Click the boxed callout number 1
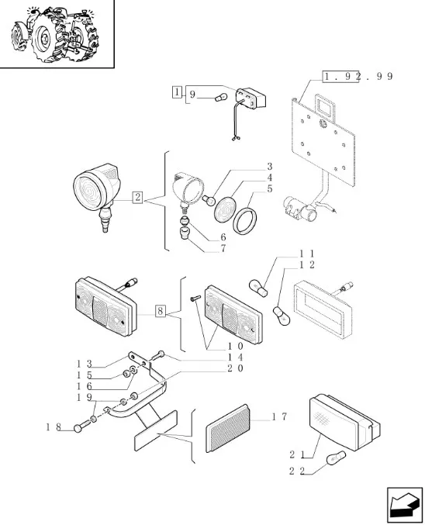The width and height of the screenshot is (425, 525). (x=177, y=92)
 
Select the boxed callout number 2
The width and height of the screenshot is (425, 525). (x=137, y=198)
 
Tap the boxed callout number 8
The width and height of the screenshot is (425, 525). (x=161, y=311)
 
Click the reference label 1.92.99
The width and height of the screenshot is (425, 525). (x=358, y=77)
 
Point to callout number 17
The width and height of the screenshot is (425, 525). (x=279, y=417)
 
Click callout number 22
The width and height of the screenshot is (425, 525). (x=297, y=471)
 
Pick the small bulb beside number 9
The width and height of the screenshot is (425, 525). (x=221, y=98)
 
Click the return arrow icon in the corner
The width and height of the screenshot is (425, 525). (x=405, y=505)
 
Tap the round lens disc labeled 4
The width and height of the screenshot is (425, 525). (x=225, y=209)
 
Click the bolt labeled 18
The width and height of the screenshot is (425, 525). (x=81, y=426)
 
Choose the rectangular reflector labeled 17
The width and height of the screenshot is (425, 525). (x=228, y=428)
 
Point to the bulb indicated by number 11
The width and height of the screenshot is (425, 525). (x=258, y=288)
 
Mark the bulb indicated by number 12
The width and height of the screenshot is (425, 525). (x=281, y=316)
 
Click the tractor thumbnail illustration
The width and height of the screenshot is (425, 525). (x=56, y=33)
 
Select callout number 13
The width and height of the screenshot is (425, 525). (x=84, y=363)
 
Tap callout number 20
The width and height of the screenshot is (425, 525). (x=236, y=368)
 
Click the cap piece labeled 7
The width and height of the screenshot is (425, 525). (x=185, y=233)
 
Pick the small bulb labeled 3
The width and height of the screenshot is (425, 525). (x=209, y=201)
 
